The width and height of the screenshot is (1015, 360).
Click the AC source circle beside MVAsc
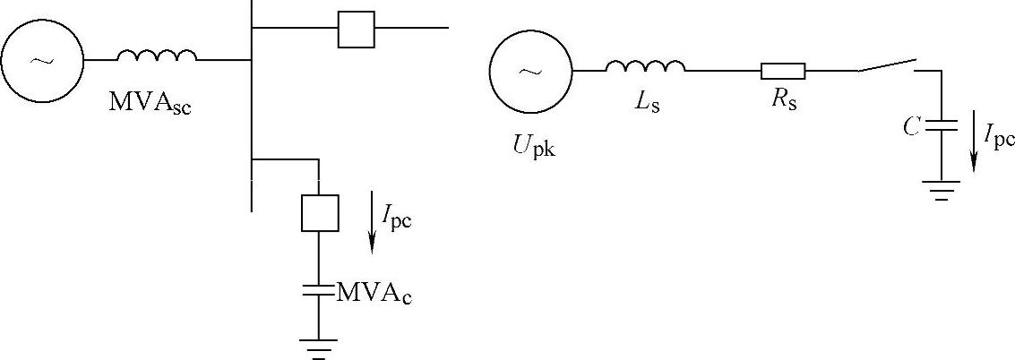coord(42,60)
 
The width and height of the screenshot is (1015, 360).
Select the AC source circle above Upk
coord(531,71)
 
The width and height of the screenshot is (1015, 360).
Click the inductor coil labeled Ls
coord(645,66)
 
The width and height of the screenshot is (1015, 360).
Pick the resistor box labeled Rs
coord(783,71)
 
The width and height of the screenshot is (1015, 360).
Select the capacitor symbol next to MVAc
coord(319,289)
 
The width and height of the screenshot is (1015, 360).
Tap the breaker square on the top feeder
coord(356,29)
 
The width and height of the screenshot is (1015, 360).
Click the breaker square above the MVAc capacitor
coord(319,212)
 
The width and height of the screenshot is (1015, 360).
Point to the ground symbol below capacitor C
coord(942,189)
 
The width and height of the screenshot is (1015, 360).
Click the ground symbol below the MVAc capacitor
coord(319,346)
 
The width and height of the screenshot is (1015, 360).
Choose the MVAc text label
coord(374,292)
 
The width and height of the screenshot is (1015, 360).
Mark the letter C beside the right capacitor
coord(911,128)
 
